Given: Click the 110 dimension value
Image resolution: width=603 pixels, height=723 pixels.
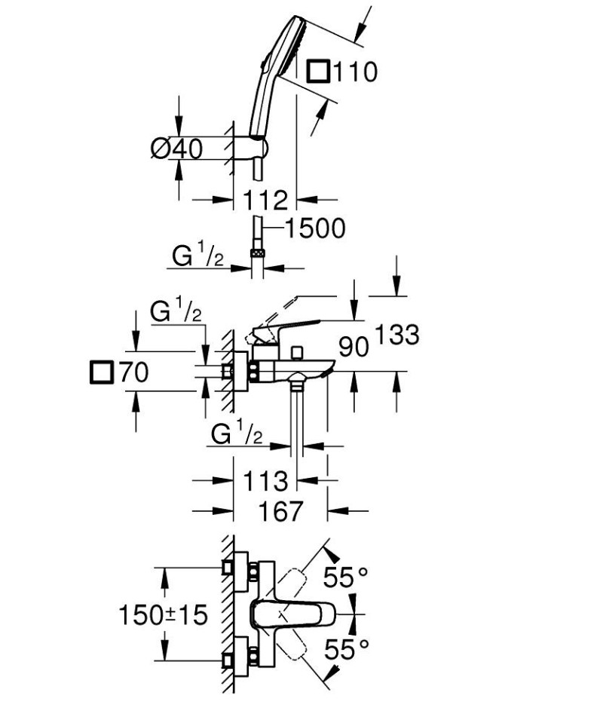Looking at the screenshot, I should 354,72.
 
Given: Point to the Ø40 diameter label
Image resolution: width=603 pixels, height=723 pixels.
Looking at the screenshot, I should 177,149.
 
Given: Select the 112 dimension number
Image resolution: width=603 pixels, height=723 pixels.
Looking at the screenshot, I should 267,200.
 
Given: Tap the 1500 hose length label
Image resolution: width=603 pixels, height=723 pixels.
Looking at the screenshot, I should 315,228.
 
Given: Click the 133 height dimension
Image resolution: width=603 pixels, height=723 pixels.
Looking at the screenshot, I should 396,335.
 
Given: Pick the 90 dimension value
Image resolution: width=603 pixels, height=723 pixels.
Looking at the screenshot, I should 353,346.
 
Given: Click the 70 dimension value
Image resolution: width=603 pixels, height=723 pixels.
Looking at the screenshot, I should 134,372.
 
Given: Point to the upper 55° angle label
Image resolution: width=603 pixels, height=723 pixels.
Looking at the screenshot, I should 346,577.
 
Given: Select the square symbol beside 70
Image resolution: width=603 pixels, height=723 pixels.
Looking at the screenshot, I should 100,372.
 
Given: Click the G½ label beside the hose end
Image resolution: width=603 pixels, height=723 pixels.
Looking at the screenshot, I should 198,256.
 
